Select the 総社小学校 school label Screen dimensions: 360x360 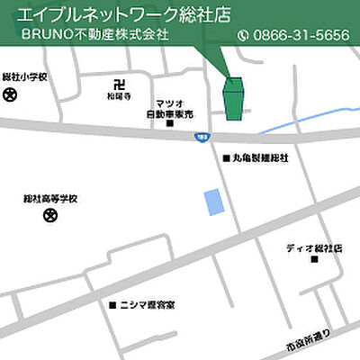coord(24,76)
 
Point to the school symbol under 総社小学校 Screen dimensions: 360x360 coord(10,93)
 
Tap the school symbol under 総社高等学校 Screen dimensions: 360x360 coord(50,214)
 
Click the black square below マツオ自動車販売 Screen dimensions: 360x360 coord(170,124)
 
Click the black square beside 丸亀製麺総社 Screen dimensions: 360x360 coord(226,158)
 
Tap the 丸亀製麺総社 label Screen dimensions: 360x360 coord(261,158)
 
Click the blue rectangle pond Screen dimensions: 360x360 coord(213,202)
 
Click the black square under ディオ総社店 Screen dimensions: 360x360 coord(315,259)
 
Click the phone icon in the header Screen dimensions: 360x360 coord(242,36)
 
